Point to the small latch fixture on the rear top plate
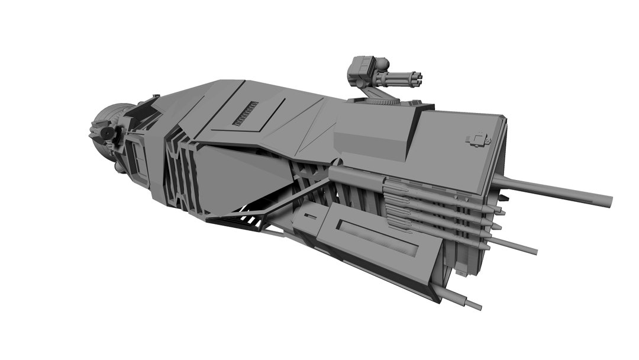click(478, 140)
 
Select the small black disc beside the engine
click(107, 134)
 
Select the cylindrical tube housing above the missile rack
click(355, 176)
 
